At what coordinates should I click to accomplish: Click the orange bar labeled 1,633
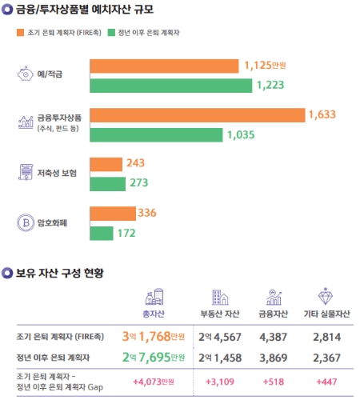point(197,115)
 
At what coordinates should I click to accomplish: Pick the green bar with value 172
point(101,233)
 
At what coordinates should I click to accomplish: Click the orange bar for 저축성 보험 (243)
point(106,164)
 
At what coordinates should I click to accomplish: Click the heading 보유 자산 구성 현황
point(66,273)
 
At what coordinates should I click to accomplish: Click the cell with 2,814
point(325,337)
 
